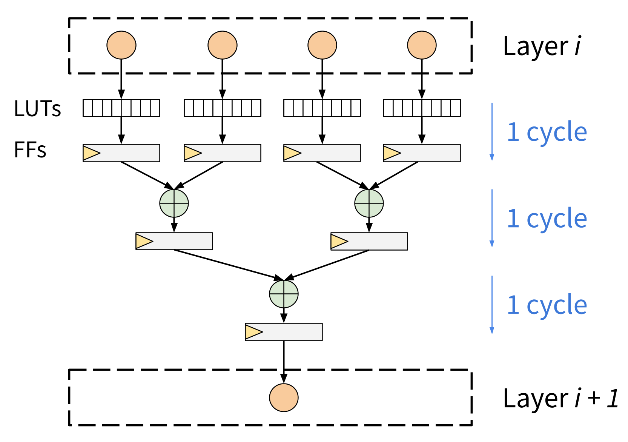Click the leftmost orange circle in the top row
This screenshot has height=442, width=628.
point(121,45)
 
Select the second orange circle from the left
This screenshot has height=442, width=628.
point(223,45)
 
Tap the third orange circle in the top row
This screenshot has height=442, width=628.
point(322,45)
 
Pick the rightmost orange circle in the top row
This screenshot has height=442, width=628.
point(422,45)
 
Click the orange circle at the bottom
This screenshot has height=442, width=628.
point(284,397)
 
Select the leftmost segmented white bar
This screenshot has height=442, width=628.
point(121,108)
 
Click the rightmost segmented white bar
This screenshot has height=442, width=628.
point(422,108)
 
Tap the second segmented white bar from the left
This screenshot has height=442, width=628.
point(223,108)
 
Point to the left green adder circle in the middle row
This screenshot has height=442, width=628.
point(174,203)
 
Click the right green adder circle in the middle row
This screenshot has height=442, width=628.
point(369,203)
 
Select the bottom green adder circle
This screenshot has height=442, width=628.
point(284,294)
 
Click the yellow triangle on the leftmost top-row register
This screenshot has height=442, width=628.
point(91,153)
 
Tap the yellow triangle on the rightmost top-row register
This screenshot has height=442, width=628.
point(391,153)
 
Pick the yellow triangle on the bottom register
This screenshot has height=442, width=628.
point(253,332)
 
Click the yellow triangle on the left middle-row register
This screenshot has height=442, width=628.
point(143,241)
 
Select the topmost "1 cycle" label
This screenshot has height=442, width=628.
point(547,132)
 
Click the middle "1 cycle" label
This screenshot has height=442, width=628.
point(547,219)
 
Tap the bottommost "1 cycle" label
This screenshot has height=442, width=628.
point(547,305)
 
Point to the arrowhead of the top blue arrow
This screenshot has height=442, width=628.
point(491,158)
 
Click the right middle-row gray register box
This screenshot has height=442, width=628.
point(377,241)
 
